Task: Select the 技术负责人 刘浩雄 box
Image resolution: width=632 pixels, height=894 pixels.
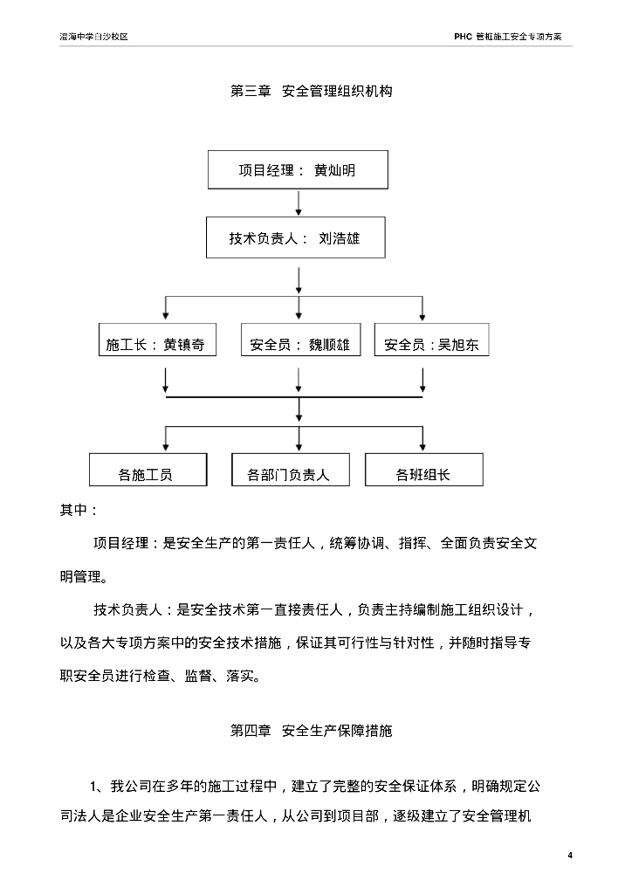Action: click(x=295, y=238)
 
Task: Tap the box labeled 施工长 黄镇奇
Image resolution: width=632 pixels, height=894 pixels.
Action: click(x=156, y=344)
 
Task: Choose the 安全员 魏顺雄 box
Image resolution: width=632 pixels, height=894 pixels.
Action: click(x=299, y=344)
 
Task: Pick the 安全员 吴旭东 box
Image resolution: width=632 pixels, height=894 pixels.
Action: click(x=432, y=344)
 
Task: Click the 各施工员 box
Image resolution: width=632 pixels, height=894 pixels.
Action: click(x=148, y=471)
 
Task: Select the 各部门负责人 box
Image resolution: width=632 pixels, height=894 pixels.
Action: click(x=290, y=471)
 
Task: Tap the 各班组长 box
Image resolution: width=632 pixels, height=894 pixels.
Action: click(x=423, y=471)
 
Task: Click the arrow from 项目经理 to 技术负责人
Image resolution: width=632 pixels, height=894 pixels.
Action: click(x=299, y=203)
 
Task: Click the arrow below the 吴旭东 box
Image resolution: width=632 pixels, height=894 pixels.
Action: click(x=423, y=381)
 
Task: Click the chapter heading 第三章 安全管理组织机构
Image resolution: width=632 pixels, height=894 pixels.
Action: click(x=311, y=91)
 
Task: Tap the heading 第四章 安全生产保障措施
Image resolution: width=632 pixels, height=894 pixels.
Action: click(x=311, y=731)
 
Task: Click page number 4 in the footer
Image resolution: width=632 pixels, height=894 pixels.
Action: click(x=569, y=854)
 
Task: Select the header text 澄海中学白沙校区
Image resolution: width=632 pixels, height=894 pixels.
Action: click(x=93, y=38)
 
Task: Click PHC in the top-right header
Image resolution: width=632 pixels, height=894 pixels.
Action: click(x=463, y=38)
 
